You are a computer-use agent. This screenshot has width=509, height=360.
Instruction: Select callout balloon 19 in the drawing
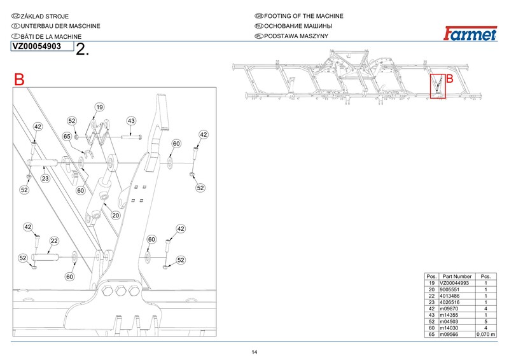click(99, 106)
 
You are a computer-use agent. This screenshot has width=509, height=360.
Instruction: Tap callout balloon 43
click(131, 121)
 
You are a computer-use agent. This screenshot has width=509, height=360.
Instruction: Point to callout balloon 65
click(67, 137)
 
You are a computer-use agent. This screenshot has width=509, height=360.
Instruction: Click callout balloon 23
click(45, 179)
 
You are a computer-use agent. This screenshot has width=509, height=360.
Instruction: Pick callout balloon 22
click(54, 241)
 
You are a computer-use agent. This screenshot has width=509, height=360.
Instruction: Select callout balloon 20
click(116, 216)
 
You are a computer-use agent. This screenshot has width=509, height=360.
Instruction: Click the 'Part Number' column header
click(457, 277)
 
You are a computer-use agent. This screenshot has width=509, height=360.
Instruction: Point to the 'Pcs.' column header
click(485, 277)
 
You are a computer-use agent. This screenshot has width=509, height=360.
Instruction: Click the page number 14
click(254, 352)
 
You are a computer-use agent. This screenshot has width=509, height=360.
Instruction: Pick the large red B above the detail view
click(19, 80)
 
